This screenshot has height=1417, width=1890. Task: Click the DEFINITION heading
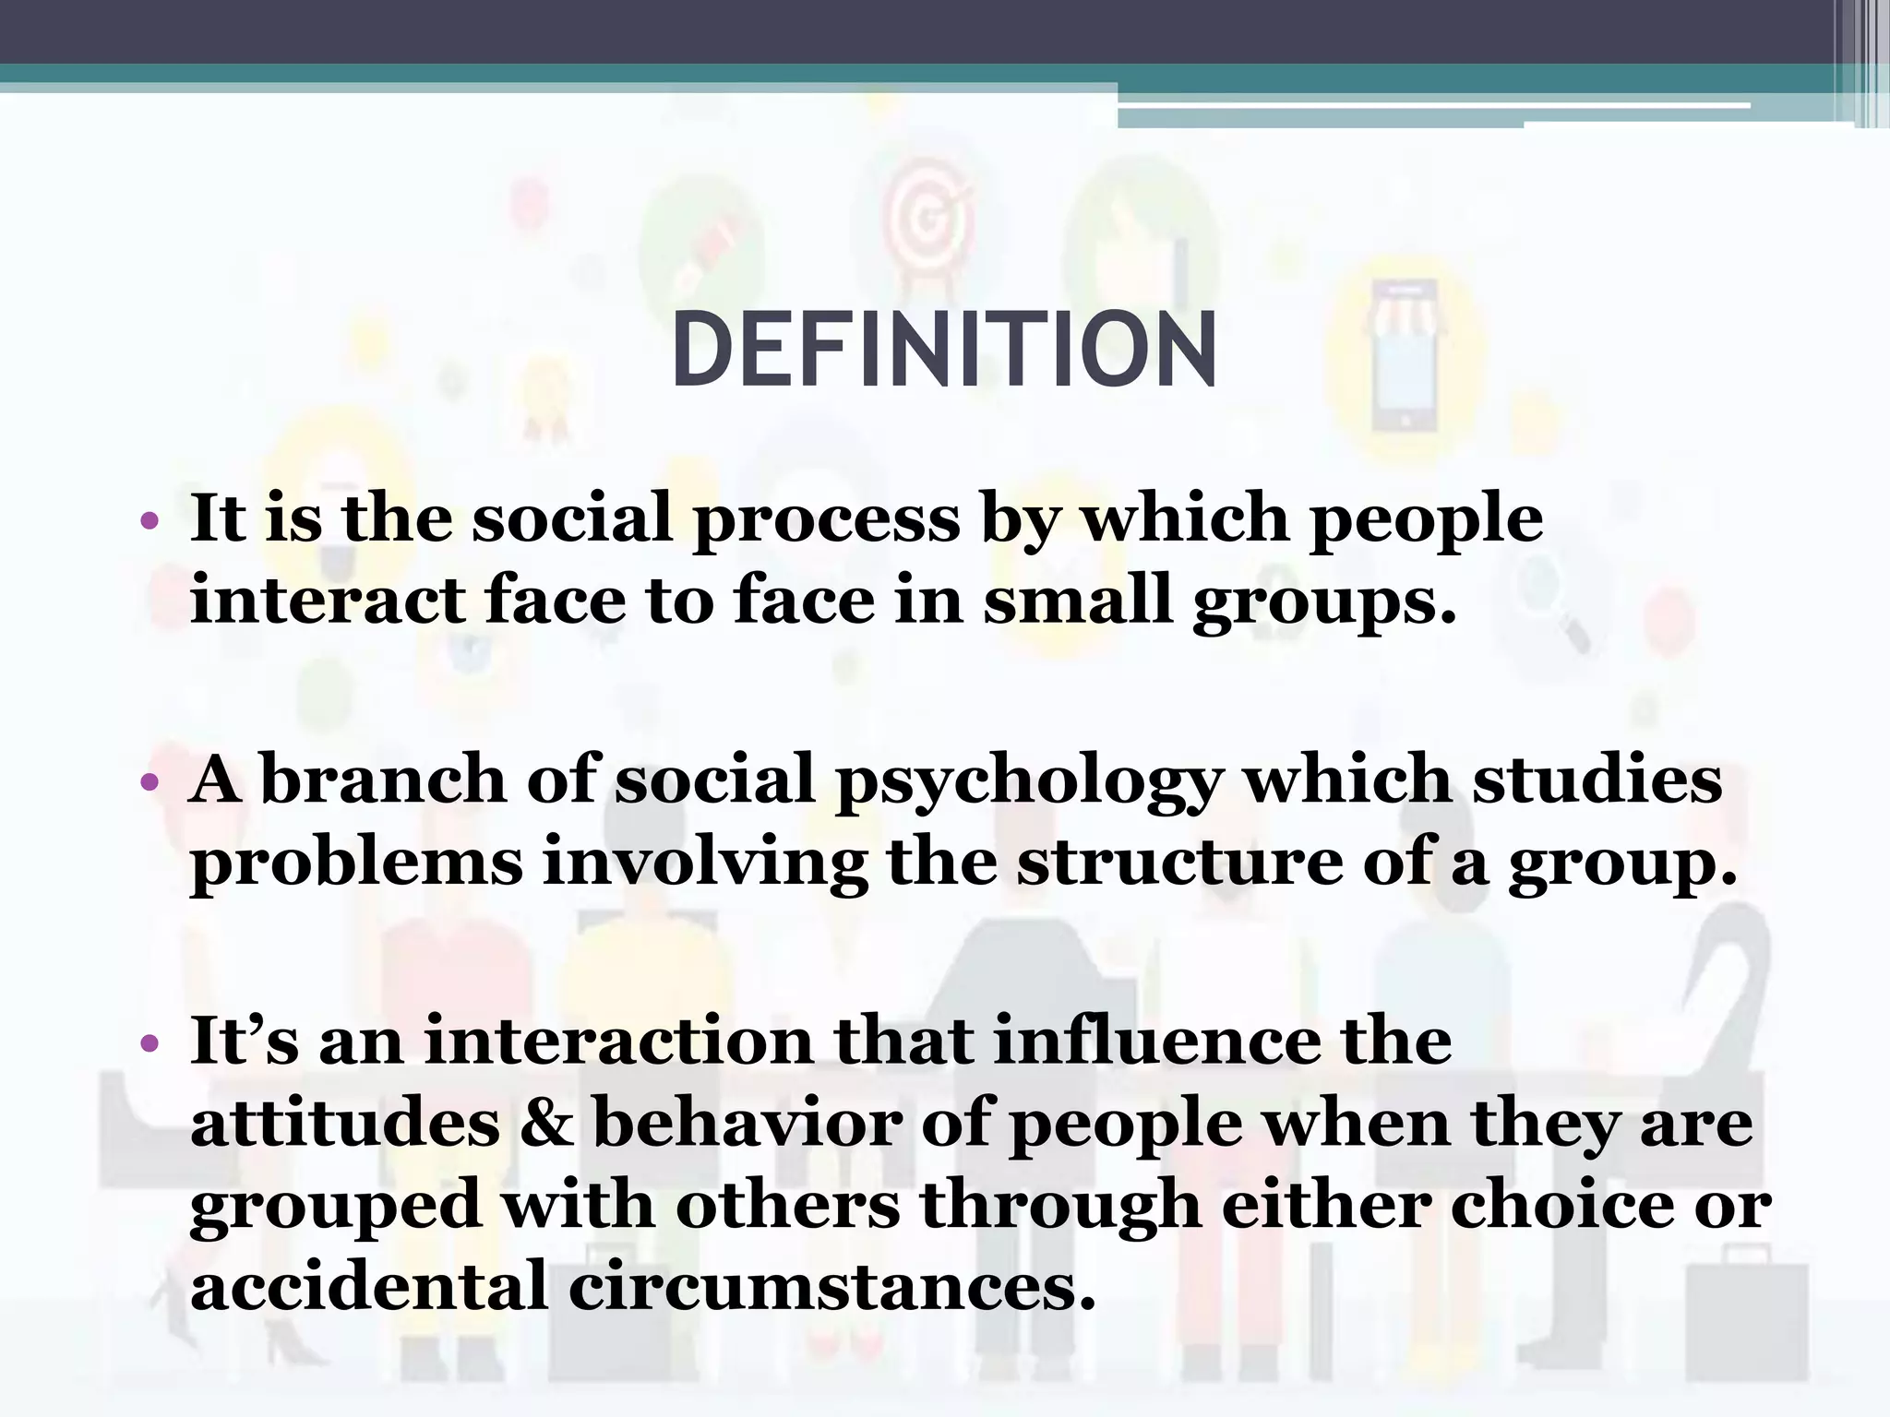944,351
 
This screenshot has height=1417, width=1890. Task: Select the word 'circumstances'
831,1286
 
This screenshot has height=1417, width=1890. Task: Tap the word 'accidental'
369,1286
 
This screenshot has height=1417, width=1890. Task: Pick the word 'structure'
1180,862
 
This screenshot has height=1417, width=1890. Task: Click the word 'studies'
1597,780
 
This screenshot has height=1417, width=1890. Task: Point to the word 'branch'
384,780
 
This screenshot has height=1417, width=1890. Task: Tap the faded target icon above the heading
926,218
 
